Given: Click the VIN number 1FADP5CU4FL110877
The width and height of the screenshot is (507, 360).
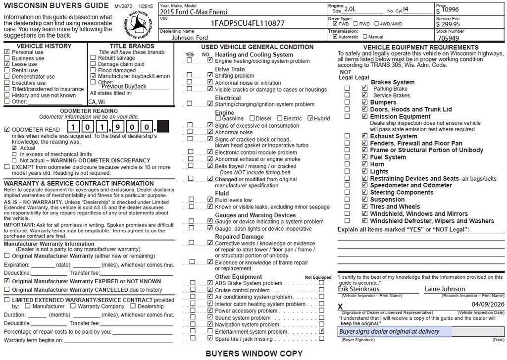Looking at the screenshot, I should pyautogui.click(x=248, y=23).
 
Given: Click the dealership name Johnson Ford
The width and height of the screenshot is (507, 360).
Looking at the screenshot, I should pyautogui.click(x=190, y=37).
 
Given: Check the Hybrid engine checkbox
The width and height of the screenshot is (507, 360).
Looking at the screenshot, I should pyautogui.click(x=310, y=118).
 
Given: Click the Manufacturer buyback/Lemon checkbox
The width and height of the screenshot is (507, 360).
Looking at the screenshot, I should pyautogui.click(x=93, y=76).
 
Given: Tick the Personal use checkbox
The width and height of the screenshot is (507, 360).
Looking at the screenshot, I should pyautogui.click(x=7, y=52).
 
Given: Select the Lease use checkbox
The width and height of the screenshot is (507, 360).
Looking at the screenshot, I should pyautogui.click(x=7, y=64).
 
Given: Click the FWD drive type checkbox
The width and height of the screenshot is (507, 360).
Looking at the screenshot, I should pyautogui.click(x=336, y=23).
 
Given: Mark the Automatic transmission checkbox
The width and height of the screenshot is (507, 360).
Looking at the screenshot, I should pyautogui.click(x=336, y=37).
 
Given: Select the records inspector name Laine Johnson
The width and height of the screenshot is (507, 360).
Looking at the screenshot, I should pyautogui.click(x=445, y=289).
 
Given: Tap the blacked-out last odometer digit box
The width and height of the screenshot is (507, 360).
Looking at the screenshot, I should pyautogui.click(x=163, y=127).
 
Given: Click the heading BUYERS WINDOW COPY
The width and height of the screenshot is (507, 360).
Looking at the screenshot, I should pyautogui.click(x=254, y=354).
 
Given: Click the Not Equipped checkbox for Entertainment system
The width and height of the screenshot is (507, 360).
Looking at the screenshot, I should pyautogui.click(x=322, y=331).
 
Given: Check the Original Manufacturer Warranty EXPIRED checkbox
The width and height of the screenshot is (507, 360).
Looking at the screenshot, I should pyautogui.click(x=7, y=281).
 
